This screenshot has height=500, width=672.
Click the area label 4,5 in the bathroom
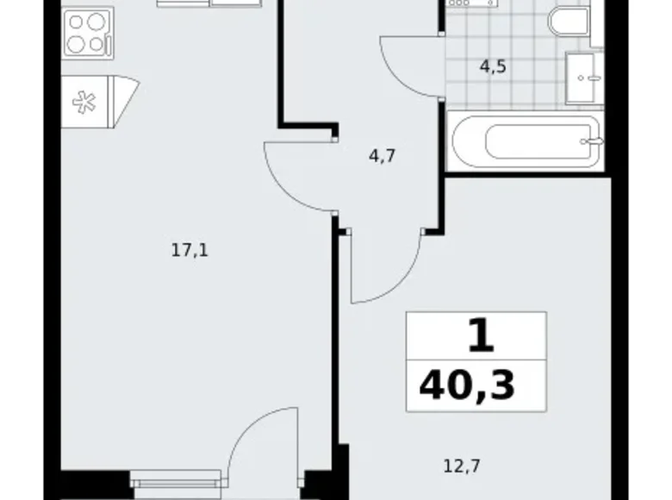[x=493, y=66]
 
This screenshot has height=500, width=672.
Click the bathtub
[x=526, y=142]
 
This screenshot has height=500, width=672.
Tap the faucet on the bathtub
[x=590, y=140]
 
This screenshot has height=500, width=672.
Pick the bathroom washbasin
[x=581, y=78]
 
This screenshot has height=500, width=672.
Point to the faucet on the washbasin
[x=591, y=78]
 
